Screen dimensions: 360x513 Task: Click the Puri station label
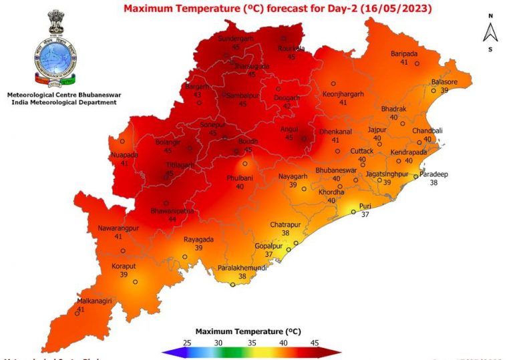coord(365,206)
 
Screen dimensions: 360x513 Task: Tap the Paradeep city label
coord(434,174)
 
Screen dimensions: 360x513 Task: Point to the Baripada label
coord(404,54)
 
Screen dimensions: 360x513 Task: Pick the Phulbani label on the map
coord(239,178)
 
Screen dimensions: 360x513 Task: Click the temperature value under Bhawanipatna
coord(172,219)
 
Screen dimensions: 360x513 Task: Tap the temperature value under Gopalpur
coord(269,254)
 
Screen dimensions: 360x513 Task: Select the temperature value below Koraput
coord(124,275)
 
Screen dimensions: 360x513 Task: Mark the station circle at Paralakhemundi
coord(232,285)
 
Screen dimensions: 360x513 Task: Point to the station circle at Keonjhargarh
coord(333,83)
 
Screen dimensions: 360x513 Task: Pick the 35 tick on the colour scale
coord(252,342)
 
